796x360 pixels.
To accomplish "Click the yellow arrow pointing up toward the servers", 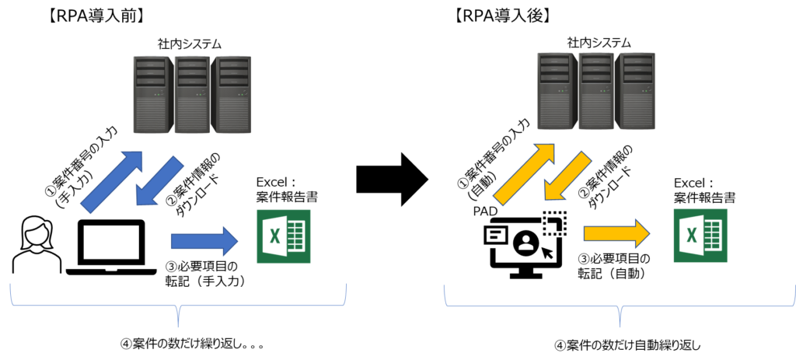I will (525, 176).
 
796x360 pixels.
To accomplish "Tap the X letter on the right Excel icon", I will (691, 236).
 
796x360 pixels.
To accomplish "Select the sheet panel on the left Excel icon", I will (297, 236).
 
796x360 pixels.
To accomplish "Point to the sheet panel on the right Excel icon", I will (714, 236).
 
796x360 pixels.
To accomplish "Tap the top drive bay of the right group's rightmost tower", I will (637, 60).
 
